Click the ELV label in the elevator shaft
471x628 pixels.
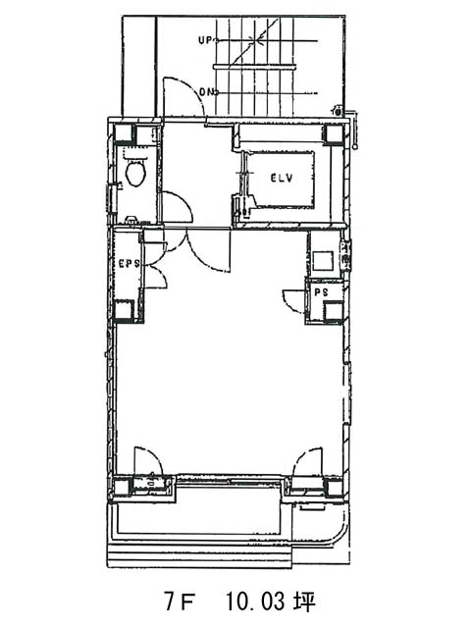pyautogui.click(x=282, y=178)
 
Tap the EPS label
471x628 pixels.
pyautogui.click(x=130, y=264)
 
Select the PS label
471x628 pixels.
pyautogui.click(x=321, y=292)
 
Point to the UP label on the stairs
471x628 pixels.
pyautogui.click(x=206, y=40)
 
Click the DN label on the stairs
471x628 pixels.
pyautogui.click(x=207, y=92)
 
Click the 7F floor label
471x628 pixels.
pyautogui.click(x=180, y=602)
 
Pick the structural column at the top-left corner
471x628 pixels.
pyautogui.click(x=123, y=133)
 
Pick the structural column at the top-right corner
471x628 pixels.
pyautogui.click(x=334, y=134)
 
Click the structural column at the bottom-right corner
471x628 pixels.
pyautogui.click(x=334, y=488)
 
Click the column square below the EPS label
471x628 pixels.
pyautogui.click(x=123, y=309)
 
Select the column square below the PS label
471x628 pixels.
pyautogui.click(x=334, y=310)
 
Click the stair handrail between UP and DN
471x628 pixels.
pyautogui.click(x=255, y=67)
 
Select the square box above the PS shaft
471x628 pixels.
pyautogui.click(x=323, y=261)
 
